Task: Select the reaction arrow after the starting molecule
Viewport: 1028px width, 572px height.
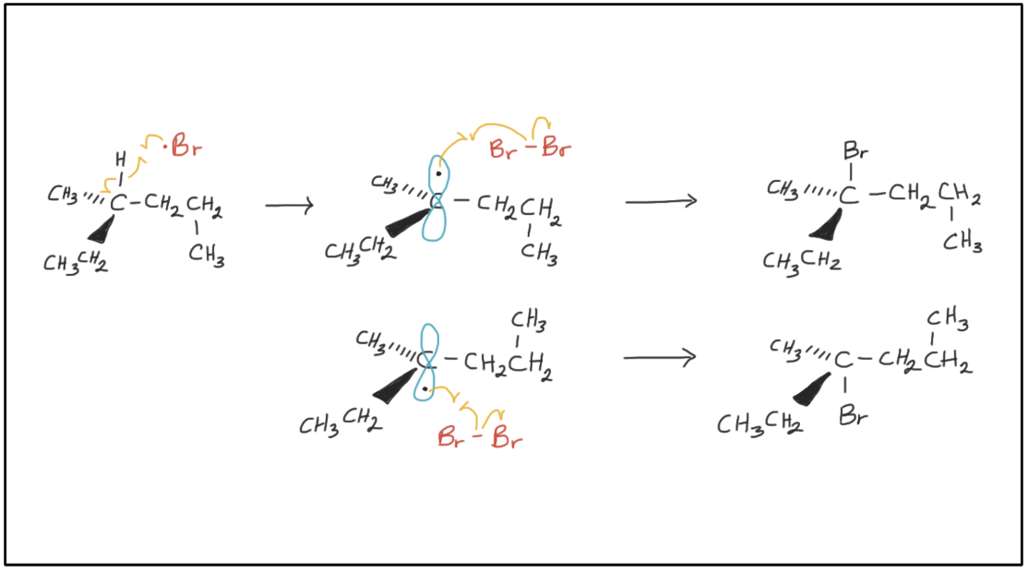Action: click(x=289, y=205)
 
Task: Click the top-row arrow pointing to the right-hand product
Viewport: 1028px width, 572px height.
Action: click(x=660, y=201)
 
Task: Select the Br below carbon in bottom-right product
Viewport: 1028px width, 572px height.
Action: click(x=854, y=416)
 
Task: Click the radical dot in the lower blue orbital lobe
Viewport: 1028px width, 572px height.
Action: click(x=424, y=389)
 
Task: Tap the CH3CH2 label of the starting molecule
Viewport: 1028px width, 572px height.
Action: click(x=76, y=262)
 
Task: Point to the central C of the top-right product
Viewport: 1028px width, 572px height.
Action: click(x=849, y=195)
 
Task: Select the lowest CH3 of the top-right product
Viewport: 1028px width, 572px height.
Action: click(x=962, y=243)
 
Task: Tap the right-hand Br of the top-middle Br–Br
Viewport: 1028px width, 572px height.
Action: click(x=556, y=148)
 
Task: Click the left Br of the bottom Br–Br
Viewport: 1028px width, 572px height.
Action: click(x=451, y=438)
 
